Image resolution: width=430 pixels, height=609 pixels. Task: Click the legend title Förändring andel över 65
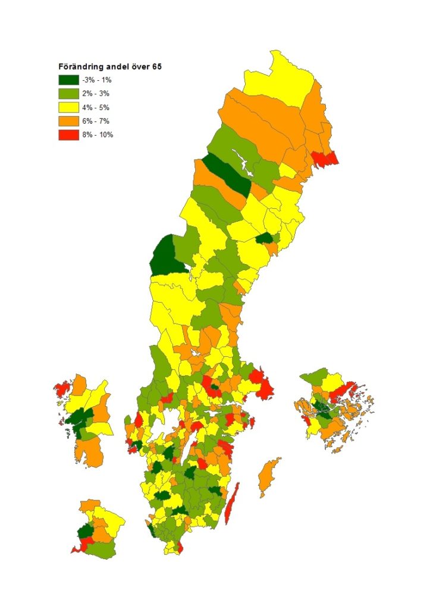tap(109, 67)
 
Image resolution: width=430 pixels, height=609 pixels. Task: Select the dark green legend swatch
tap(68, 80)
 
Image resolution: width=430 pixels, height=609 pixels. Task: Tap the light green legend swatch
tap(68, 93)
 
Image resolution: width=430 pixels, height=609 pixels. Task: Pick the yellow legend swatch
tap(68, 107)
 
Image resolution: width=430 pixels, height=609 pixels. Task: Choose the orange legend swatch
tap(68, 121)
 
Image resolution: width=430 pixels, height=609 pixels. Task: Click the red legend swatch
tap(68, 134)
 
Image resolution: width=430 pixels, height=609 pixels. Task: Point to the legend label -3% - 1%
tap(96, 80)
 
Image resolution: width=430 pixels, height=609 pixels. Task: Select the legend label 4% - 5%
tap(96, 107)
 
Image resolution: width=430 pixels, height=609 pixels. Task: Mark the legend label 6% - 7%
tap(96, 121)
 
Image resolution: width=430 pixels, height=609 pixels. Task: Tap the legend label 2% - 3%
tap(96, 93)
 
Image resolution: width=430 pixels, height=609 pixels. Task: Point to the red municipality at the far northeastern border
tap(325, 158)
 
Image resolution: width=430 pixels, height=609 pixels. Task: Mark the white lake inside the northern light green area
tap(241, 158)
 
